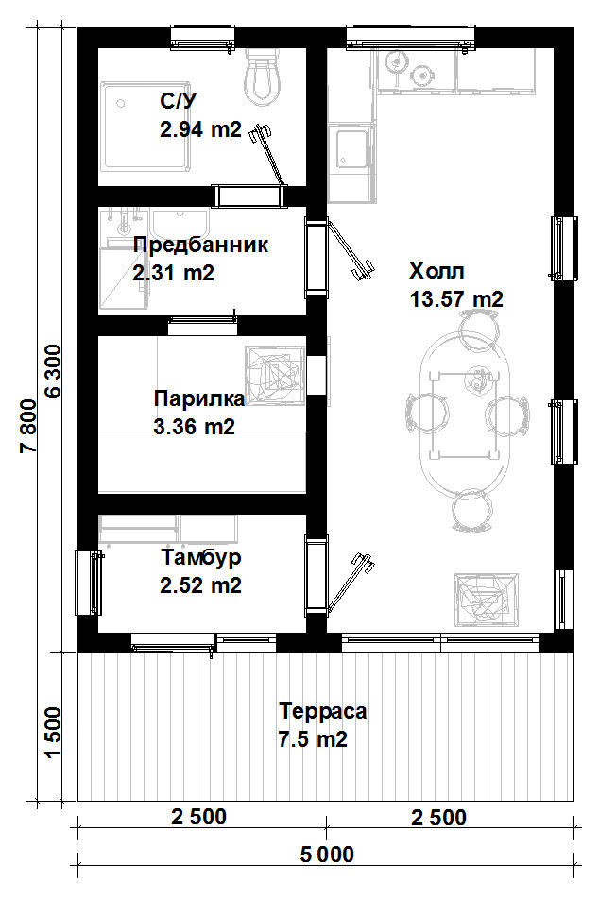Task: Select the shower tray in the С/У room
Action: [145, 127]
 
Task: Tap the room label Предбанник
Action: [200, 245]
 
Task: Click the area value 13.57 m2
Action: [456, 298]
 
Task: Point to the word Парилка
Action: [199, 398]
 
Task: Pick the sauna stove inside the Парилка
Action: [275, 375]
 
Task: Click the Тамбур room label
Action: [201, 557]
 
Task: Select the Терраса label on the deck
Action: [323, 711]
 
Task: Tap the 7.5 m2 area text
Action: [313, 739]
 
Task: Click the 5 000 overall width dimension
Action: [327, 855]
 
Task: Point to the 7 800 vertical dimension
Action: [28, 426]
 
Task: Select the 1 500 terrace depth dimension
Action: [52, 733]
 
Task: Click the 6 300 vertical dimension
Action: [52, 371]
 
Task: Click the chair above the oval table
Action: [476, 325]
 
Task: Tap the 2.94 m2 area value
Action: [201, 129]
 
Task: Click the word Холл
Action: [436, 271]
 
